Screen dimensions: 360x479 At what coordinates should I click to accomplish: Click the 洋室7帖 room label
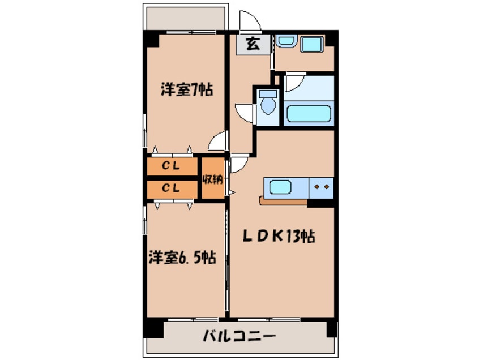(x=186, y=89)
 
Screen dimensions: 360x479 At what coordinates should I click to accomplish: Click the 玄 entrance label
(x=253, y=44)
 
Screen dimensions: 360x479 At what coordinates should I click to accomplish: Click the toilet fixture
(x=268, y=105)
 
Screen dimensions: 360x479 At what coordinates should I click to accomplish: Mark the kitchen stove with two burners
(x=321, y=186)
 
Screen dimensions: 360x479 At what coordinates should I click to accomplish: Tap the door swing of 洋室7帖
(x=217, y=142)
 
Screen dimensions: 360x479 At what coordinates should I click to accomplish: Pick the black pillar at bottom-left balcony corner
(x=151, y=328)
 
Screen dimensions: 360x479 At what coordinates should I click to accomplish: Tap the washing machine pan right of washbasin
(x=311, y=44)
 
